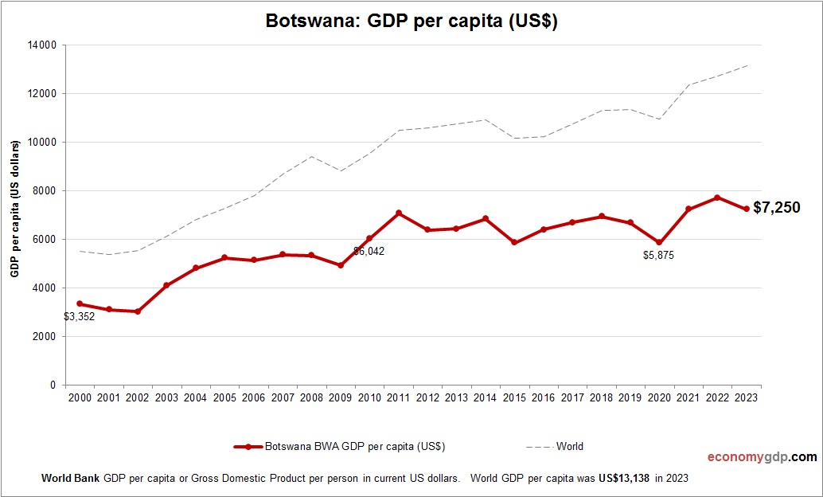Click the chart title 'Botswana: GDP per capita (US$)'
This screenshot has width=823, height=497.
[411, 22]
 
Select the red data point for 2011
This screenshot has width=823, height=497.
[399, 213]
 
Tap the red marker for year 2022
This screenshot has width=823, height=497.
[717, 198]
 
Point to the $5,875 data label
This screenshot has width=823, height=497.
[658, 256]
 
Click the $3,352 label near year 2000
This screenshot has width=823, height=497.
[80, 316]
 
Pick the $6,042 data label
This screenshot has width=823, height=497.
[369, 251]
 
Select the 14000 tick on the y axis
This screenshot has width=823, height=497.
[41, 45]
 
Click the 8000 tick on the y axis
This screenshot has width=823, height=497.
[44, 191]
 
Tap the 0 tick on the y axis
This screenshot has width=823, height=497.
[53, 385]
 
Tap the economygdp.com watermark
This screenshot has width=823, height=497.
[762, 457]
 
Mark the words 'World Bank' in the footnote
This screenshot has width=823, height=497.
[70, 479]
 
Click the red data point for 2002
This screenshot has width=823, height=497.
[138, 311]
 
